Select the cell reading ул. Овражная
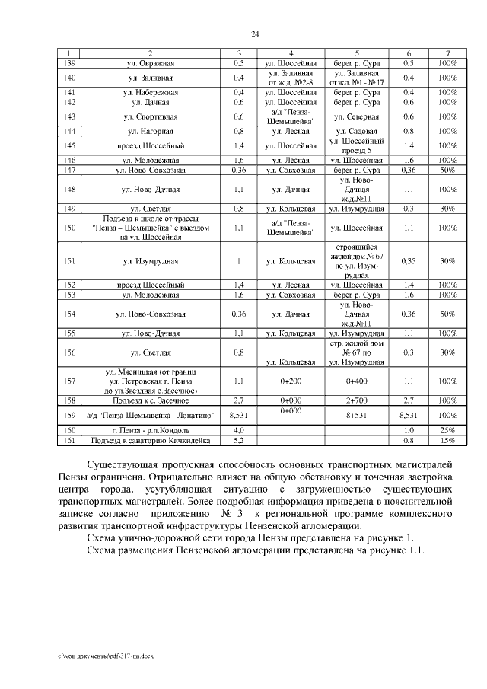pyautogui.click(x=150, y=63)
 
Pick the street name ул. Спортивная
pyautogui.click(x=150, y=116)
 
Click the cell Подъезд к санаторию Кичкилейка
pyautogui.click(x=150, y=440)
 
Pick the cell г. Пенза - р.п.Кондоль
pyautogui.click(x=150, y=430)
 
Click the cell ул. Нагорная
pyautogui.click(x=150, y=131)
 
